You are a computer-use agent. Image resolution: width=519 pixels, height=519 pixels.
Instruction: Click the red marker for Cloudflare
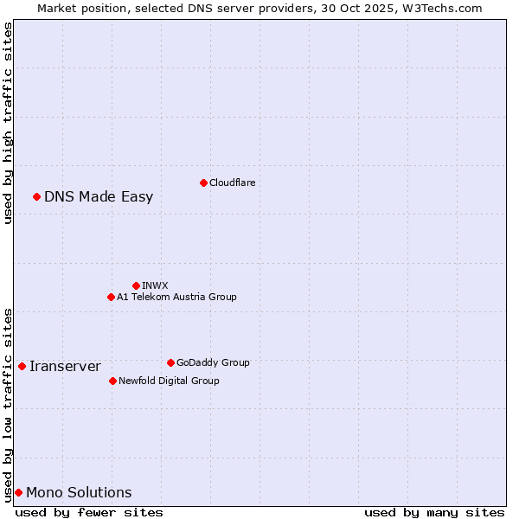(x=203, y=183)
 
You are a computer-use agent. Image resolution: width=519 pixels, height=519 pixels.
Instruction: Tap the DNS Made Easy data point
(x=36, y=196)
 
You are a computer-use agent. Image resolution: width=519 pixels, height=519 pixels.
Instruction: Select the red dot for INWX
(x=136, y=285)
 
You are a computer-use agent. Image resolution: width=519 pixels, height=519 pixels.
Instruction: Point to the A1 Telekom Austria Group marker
(x=111, y=297)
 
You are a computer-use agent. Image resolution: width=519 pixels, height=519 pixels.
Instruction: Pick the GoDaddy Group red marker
(x=170, y=362)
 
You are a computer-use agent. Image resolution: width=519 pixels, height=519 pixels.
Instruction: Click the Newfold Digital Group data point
(x=112, y=381)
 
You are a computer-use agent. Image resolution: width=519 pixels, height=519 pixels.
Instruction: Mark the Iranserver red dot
(x=22, y=366)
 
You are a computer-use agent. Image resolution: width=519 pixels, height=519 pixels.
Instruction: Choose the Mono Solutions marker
(x=18, y=492)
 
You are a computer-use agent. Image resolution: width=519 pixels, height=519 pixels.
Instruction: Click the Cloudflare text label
(x=232, y=183)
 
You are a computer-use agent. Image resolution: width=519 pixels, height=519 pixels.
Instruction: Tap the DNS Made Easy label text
(x=99, y=196)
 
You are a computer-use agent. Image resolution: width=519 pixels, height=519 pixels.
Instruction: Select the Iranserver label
(x=65, y=366)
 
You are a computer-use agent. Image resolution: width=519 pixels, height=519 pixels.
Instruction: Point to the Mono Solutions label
(x=79, y=492)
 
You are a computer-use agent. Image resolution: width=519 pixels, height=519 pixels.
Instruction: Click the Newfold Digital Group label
(x=169, y=381)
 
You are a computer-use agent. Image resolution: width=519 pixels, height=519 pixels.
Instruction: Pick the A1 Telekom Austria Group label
(x=176, y=297)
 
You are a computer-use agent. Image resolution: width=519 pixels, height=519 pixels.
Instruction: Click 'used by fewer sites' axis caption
(x=89, y=512)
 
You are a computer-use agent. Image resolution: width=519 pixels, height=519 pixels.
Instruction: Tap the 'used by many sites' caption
(x=434, y=512)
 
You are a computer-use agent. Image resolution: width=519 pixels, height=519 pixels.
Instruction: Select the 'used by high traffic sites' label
(x=8, y=124)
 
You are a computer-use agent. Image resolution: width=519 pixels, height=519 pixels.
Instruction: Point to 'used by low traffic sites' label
(x=8, y=405)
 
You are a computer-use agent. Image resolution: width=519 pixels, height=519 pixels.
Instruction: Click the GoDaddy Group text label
(x=213, y=362)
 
